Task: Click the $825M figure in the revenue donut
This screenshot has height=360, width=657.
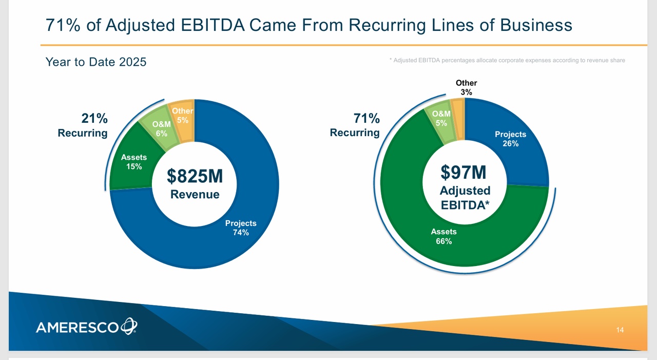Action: pyautogui.click(x=195, y=176)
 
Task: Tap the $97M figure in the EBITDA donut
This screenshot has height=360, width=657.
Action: pyautogui.click(x=463, y=172)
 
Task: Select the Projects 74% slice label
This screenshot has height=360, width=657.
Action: pyautogui.click(x=241, y=228)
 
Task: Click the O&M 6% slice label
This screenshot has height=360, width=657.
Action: pyautogui.click(x=161, y=128)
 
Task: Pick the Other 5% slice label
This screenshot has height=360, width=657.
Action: pyautogui.click(x=183, y=115)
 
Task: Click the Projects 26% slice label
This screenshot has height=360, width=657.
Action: pyautogui.click(x=510, y=139)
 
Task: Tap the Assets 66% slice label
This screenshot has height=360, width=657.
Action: pyautogui.click(x=443, y=236)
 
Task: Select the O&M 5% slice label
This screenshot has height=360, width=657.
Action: pyautogui.click(x=441, y=118)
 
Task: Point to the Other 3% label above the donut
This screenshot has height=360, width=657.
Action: pyautogui.click(x=466, y=87)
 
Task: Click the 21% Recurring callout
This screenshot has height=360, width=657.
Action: pyautogui.click(x=83, y=126)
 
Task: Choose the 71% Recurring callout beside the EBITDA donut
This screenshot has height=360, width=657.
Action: pyautogui.click(x=355, y=126)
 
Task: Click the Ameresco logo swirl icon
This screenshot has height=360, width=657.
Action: pyautogui.click(x=128, y=326)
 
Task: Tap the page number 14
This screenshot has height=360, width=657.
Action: pyautogui.click(x=620, y=330)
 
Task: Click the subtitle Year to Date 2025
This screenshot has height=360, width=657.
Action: pyautogui.click(x=96, y=62)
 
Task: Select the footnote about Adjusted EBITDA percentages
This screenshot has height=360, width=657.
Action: pyautogui.click(x=507, y=61)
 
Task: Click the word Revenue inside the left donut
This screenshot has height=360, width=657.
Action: pyautogui.click(x=195, y=194)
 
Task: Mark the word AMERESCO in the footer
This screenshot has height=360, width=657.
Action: pyautogui.click(x=77, y=327)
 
